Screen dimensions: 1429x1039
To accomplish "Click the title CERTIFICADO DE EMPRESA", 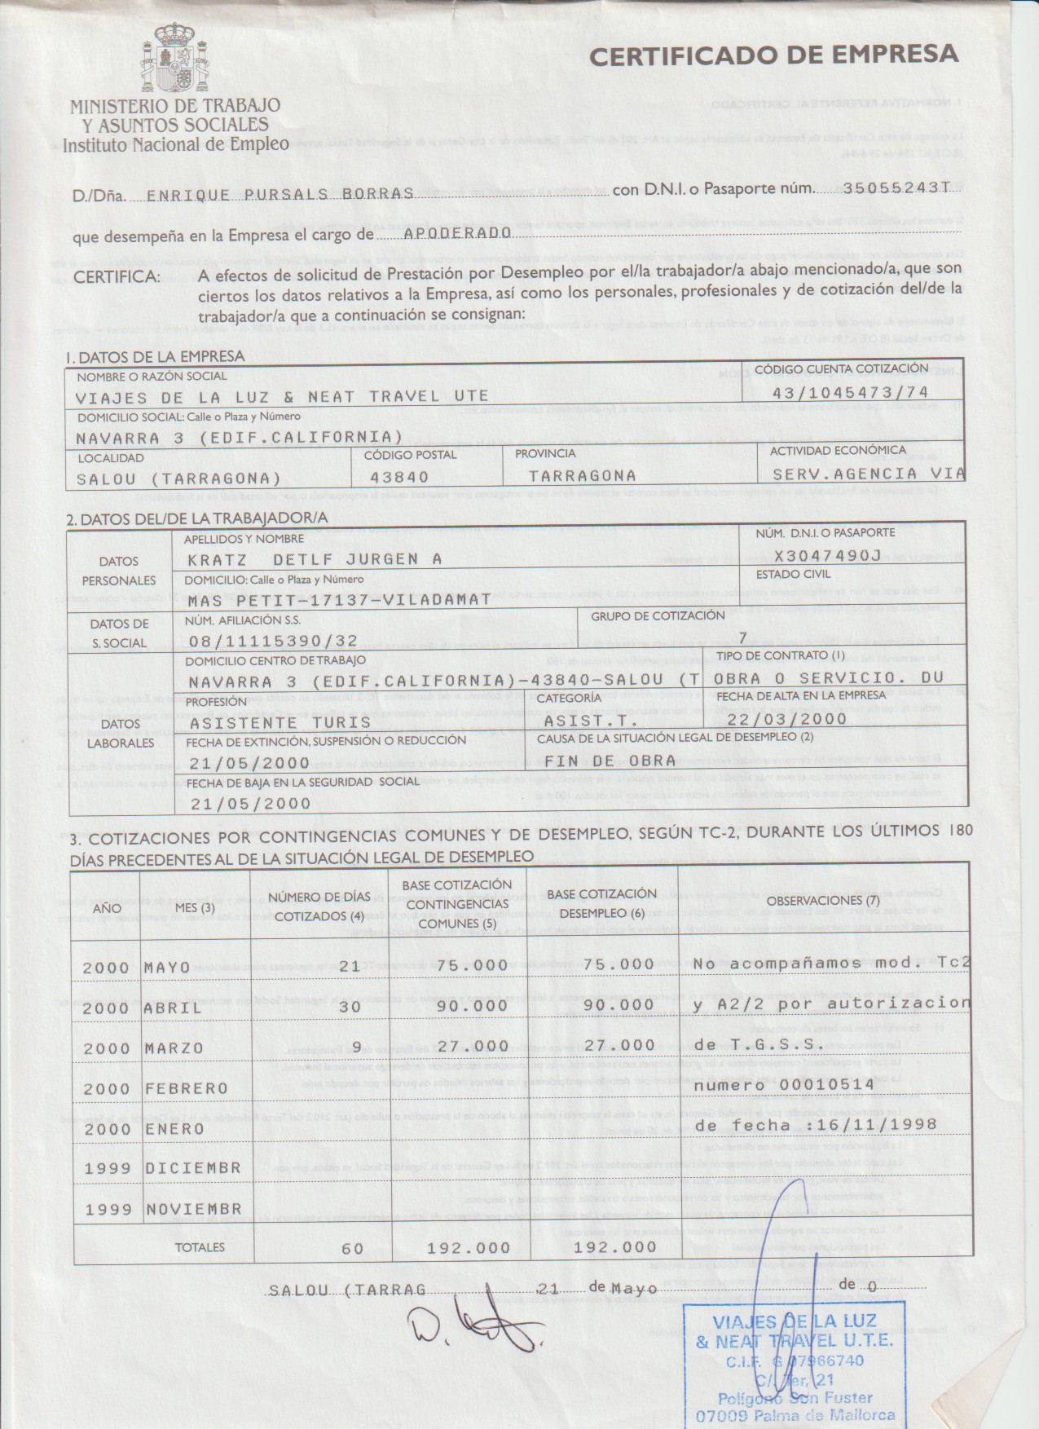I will point(773,55).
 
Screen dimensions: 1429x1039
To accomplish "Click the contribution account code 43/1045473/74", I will point(851,393).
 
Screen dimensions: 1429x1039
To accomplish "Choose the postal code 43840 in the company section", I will point(399,477).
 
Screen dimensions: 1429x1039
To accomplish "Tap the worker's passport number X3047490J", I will point(828,556).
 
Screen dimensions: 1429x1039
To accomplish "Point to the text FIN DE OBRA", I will point(610,761).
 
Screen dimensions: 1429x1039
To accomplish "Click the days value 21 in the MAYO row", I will point(350,966).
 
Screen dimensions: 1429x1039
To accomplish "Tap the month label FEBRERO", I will point(187,1088).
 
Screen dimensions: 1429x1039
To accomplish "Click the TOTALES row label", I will point(200,1247).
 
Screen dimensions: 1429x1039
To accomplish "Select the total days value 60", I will point(352,1248).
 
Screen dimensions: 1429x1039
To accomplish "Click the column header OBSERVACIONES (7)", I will point(823,901).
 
